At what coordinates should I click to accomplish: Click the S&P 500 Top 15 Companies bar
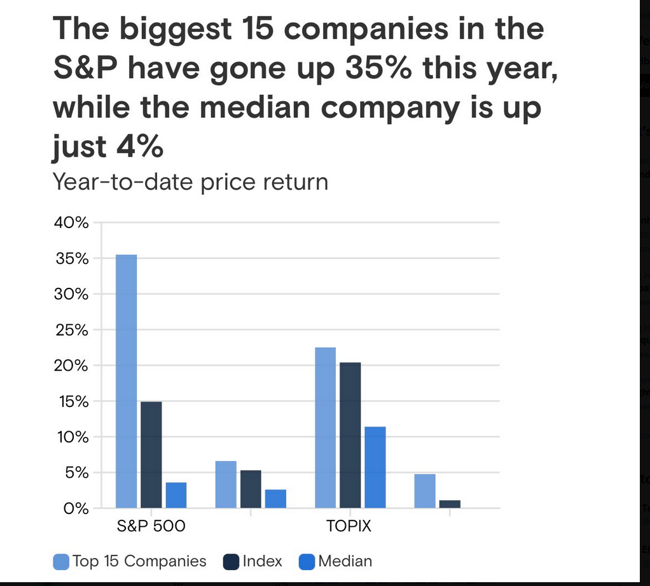pyautogui.click(x=126, y=381)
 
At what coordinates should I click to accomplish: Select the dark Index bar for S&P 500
pyautogui.click(x=151, y=455)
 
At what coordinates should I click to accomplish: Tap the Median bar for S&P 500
pyautogui.click(x=176, y=495)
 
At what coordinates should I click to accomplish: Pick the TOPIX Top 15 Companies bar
pyautogui.click(x=325, y=427)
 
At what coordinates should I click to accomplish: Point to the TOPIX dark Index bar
pyautogui.click(x=350, y=435)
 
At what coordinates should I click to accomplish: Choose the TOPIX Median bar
pyautogui.click(x=375, y=467)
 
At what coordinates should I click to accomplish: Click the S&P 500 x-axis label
pyautogui.click(x=151, y=527)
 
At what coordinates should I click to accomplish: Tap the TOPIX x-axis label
pyautogui.click(x=349, y=527)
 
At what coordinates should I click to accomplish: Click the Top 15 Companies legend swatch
pyautogui.click(x=61, y=561)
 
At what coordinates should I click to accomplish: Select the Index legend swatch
pyautogui.click(x=231, y=561)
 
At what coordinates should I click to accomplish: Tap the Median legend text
pyautogui.click(x=345, y=561)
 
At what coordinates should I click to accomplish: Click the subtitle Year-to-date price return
pyautogui.click(x=190, y=182)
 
